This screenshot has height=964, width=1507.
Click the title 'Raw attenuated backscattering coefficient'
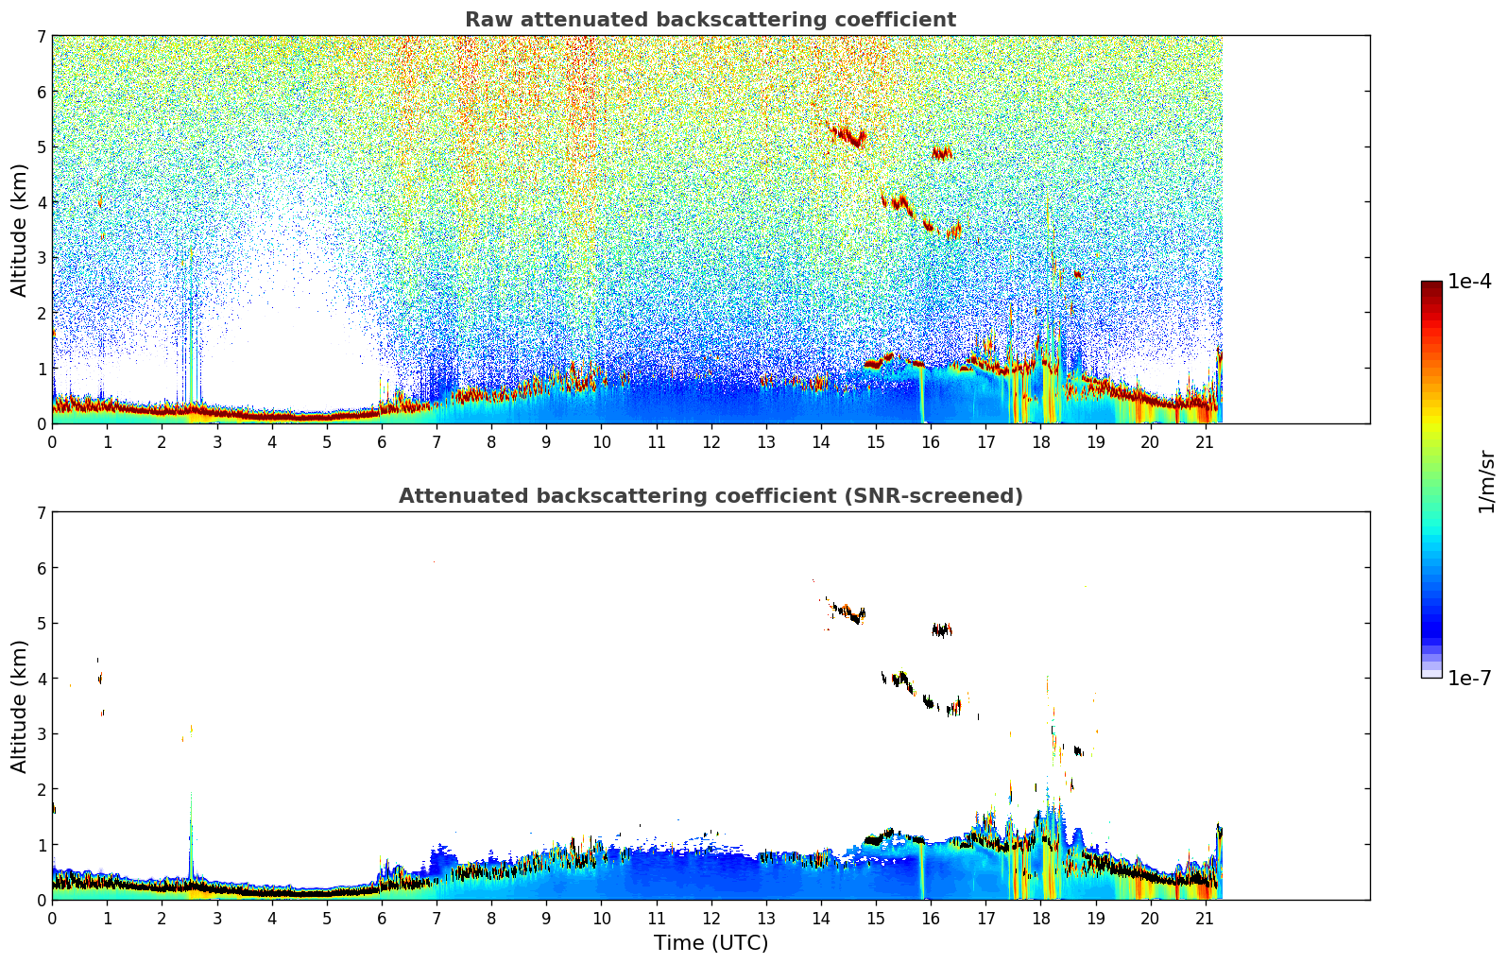point(711,20)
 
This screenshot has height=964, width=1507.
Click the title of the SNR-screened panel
point(711,496)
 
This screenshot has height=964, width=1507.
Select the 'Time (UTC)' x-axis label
point(711,943)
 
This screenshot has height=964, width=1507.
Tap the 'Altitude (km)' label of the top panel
point(20,230)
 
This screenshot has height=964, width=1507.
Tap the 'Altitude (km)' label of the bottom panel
point(20,706)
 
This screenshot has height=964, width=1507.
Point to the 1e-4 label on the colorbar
point(1469,282)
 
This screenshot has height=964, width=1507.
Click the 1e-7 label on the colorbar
point(1469,679)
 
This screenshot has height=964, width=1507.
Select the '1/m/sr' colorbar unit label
point(1486,482)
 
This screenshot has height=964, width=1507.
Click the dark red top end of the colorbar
point(1431,285)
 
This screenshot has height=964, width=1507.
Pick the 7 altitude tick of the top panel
point(41,37)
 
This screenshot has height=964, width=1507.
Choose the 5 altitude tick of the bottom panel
point(41,624)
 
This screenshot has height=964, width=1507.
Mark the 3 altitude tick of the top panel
point(41,258)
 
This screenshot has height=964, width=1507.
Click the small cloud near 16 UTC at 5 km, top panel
point(941,152)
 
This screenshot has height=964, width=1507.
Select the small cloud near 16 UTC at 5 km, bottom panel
point(941,629)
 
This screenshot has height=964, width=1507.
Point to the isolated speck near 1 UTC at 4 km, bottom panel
point(99,678)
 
